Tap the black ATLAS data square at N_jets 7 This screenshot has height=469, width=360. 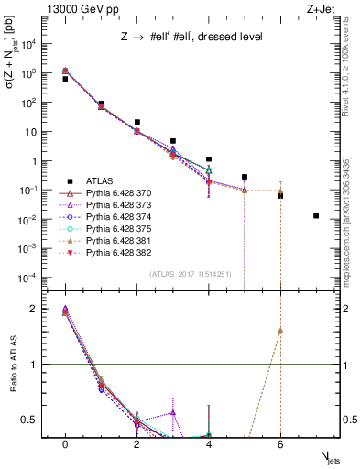316,216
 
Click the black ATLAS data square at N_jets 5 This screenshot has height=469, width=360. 245,177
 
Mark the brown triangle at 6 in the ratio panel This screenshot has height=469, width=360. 280,330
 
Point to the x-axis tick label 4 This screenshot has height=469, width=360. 209,444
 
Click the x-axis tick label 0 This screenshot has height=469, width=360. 65,444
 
